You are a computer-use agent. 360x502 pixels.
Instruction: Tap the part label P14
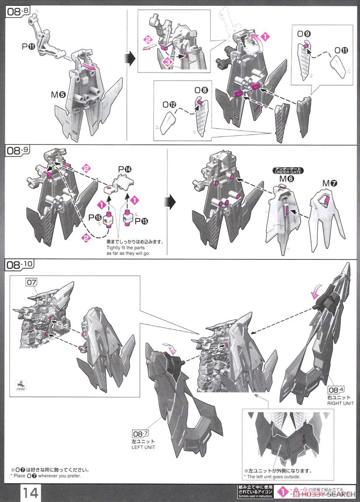[125, 169]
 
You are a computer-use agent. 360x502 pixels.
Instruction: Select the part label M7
[329, 183]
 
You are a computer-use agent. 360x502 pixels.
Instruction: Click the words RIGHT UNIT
[341, 403]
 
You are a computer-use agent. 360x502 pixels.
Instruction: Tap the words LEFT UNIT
[144, 447]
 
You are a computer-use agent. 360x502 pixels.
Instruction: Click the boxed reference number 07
[32, 282]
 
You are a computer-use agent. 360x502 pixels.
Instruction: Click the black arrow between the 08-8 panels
[131, 59]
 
